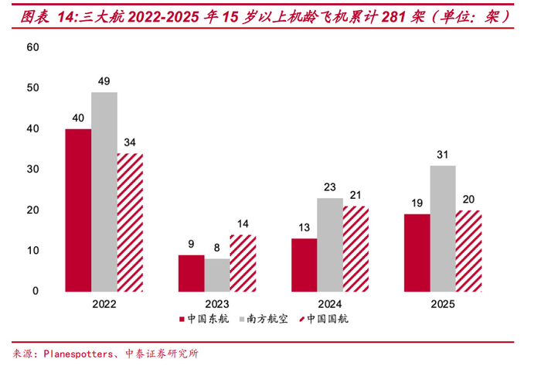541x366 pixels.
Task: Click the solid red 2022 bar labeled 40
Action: tap(78, 210)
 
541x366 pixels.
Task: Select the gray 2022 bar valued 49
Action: tap(104, 191)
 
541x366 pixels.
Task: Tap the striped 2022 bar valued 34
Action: tap(130, 222)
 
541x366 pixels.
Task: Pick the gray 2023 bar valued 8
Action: tap(217, 275)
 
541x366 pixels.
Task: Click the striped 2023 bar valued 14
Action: tap(243, 262)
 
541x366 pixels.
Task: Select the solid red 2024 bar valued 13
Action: tap(305, 265)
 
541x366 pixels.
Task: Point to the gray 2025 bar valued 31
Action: tap(443, 228)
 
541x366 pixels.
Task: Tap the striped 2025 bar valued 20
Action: tap(468, 251)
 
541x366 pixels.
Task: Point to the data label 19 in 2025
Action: tap(417, 202)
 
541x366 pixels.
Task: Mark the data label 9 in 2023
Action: tap(192, 243)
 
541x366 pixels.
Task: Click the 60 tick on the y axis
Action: tap(32, 47)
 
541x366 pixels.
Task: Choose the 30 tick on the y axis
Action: tap(32, 169)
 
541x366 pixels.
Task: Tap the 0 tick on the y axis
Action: tap(36, 291)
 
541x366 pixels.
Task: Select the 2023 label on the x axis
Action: tap(217, 304)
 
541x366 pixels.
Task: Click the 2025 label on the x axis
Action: tap(443, 304)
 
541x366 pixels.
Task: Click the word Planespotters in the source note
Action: tap(77, 354)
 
